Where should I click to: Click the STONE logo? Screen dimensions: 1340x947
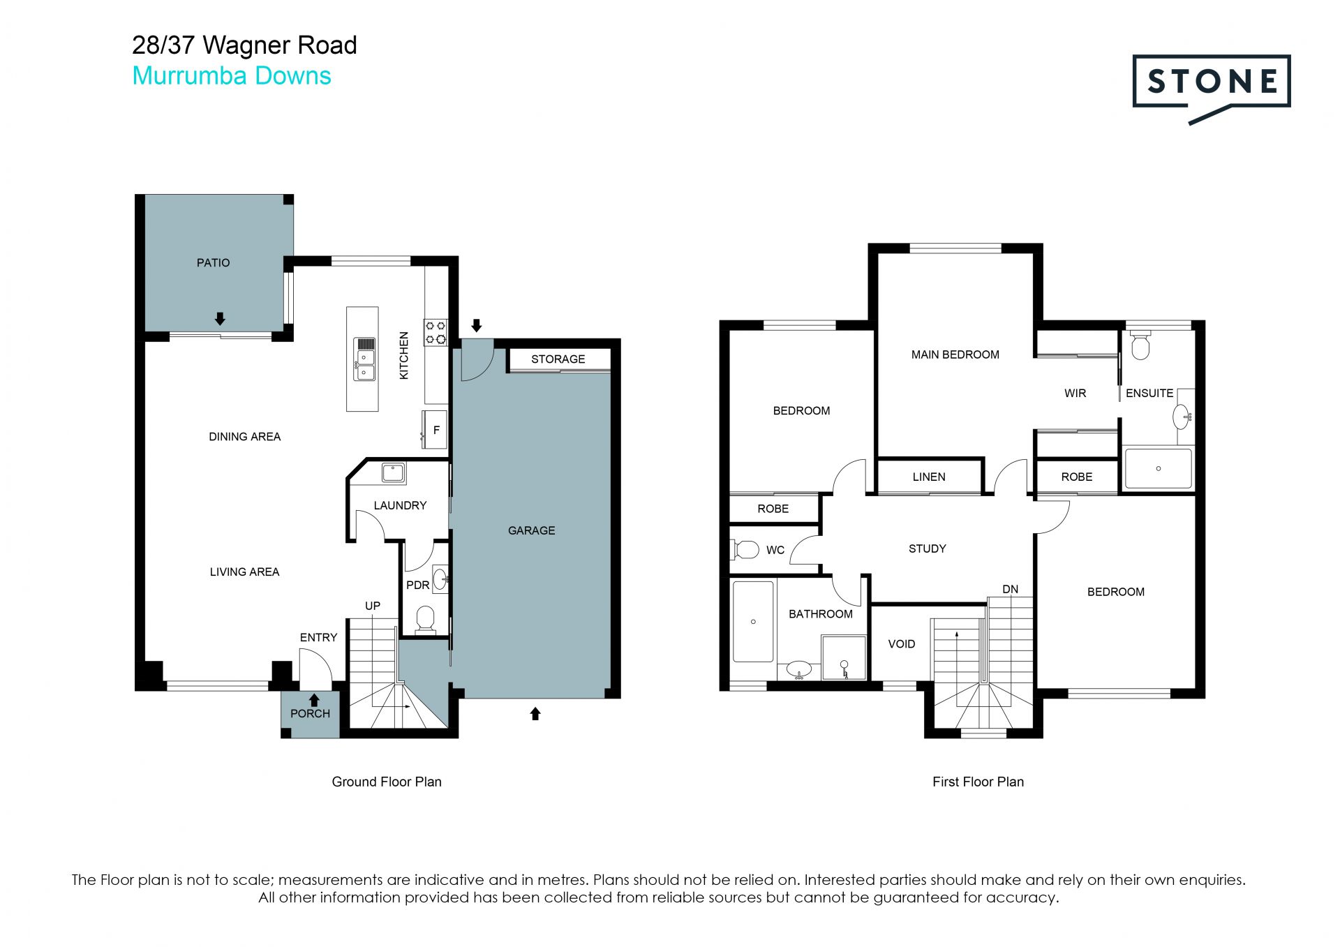click(1212, 88)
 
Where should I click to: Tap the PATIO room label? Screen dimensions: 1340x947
click(213, 263)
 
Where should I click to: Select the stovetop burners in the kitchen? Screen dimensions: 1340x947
click(435, 332)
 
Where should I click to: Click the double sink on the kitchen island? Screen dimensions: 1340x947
click(365, 359)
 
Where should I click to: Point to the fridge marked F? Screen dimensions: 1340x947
click(434, 430)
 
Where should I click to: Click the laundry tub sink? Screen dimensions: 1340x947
click(394, 473)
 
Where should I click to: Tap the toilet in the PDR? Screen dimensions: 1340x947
click(424, 619)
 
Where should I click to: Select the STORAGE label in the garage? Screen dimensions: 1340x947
click(558, 359)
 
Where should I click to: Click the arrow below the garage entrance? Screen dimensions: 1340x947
click(535, 713)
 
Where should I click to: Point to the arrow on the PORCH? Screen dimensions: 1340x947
click(314, 700)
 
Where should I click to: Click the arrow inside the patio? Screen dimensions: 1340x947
click(220, 319)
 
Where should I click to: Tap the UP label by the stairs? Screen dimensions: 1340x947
click(373, 606)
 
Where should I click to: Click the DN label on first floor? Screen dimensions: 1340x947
click(1010, 589)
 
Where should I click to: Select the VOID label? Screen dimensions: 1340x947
click(901, 644)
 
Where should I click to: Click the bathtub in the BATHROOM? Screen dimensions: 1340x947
click(753, 621)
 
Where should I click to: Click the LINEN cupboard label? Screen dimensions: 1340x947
click(929, 477)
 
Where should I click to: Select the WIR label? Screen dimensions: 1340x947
click(1075, 394)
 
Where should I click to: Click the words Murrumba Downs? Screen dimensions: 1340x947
click(232, 75)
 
